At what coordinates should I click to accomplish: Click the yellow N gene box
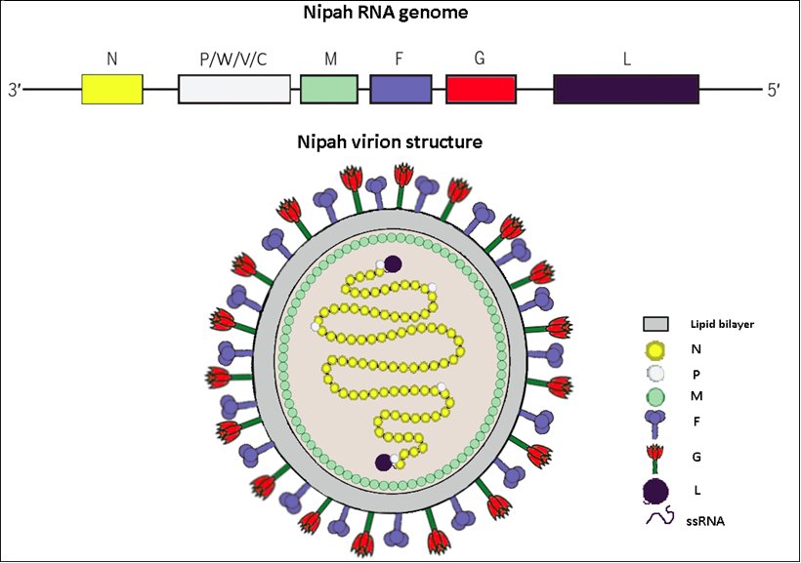112,89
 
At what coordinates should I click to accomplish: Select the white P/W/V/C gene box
234,89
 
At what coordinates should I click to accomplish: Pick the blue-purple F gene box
400,89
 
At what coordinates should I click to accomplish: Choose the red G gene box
481,89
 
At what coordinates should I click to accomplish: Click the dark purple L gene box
626,89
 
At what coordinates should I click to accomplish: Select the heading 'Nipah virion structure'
390,142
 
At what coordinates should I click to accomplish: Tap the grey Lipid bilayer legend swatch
654,324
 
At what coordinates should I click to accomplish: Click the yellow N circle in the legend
654,348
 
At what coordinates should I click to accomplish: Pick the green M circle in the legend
654,397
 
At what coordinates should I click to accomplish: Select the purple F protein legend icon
654,425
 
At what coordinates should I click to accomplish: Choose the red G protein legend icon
655,456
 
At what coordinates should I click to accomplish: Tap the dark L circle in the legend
655,490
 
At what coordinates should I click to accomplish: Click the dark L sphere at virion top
393,264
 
